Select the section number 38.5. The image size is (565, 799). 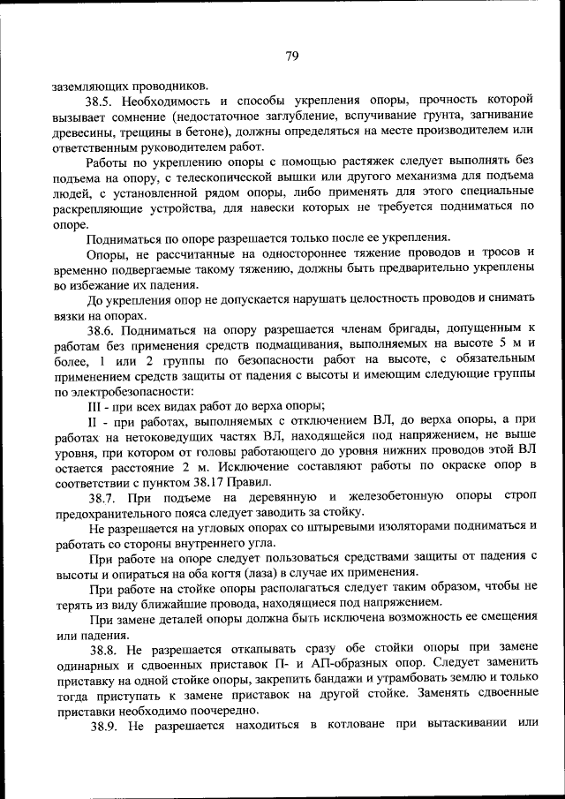(x=100, y=101)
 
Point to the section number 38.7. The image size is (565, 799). (x=100, y=496)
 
